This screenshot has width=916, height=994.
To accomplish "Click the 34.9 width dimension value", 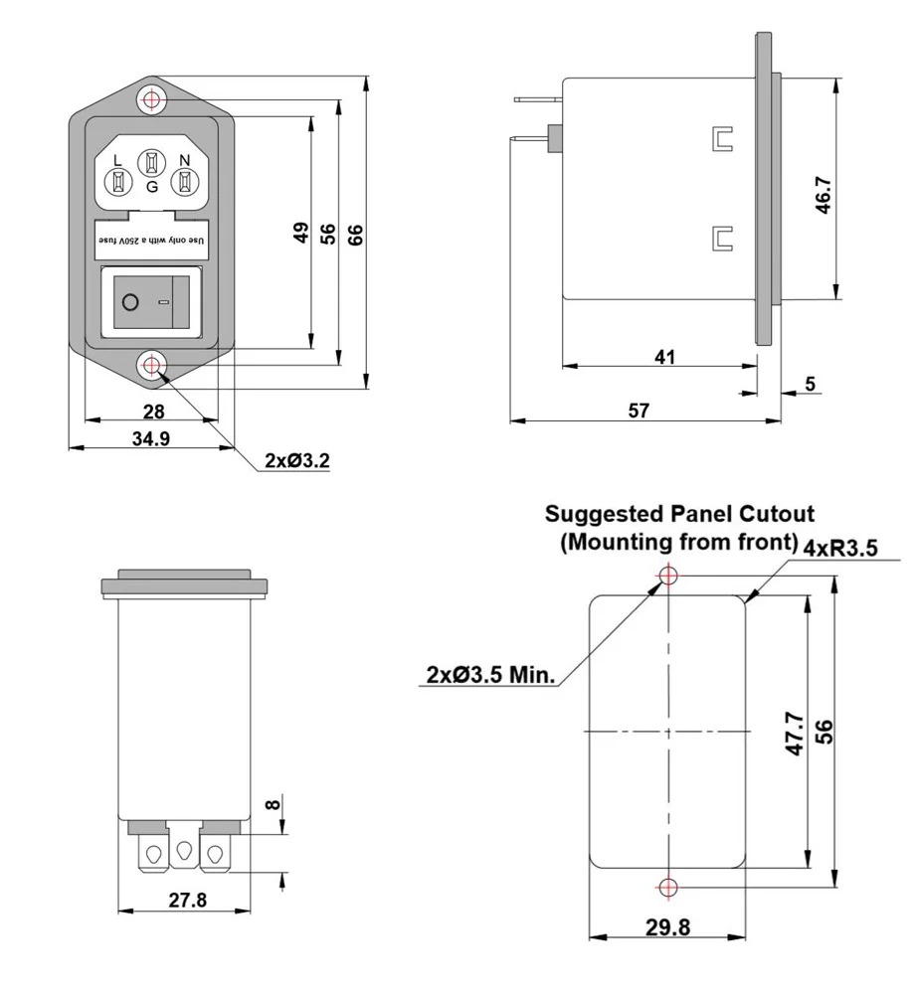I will pyautogui.click(x=150, y=438).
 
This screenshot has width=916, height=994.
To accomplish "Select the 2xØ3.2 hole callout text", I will pyautogui.click(x=297, y=461).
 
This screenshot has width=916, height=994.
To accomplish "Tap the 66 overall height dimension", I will pyautogui.click(x=355, y=235).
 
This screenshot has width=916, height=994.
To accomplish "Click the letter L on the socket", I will pyautogui.click(x=117, y=161).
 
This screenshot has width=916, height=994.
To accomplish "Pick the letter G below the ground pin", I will pyautogui.click(x=151, y=186).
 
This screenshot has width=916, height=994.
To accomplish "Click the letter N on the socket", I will pyautogui.click(x=183, y=161).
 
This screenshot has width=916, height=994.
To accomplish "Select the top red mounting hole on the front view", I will pyautogui.click(x=151, y=99).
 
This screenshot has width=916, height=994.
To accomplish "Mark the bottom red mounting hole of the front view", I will pyautogui.click(x=151, y=367).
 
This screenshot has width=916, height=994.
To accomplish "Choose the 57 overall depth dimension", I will pyautogui.click(x=638, y=411).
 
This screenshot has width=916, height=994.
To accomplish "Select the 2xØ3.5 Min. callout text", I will pyautogui.click(x=489, y=675).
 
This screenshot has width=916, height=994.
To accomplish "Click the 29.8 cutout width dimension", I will pyautogui.click(x=667, y=926).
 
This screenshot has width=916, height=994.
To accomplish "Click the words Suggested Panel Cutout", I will pyautogui.click(x=680, y=514).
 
